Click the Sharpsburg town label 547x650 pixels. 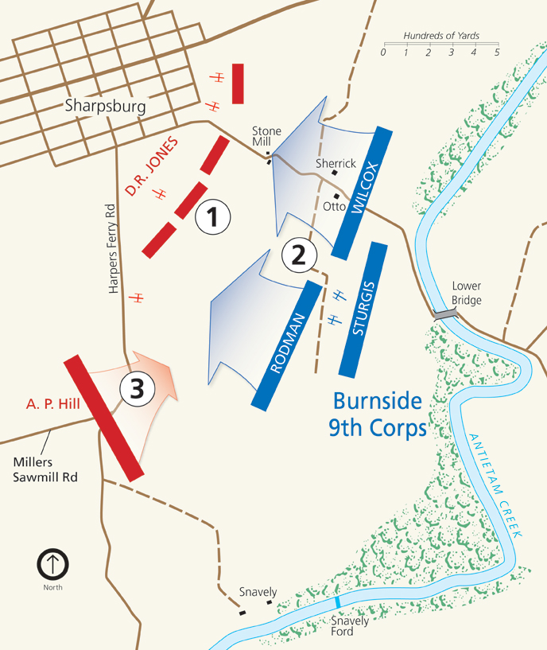[106, 106]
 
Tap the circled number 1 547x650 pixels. [212, 216]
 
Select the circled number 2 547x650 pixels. [299, 255]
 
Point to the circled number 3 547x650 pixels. [137, 389]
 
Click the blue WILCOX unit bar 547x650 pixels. [363, 192]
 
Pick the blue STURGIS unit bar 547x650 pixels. [363, 309]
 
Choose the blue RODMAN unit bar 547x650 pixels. [286, 344]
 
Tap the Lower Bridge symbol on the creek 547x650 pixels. [445, 314]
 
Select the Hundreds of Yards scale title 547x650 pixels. [441, 37]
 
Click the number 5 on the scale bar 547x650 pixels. [497, 53]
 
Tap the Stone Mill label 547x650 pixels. [267, 136]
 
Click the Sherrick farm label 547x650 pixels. [336, 163]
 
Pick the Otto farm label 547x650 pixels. [334, 206]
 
